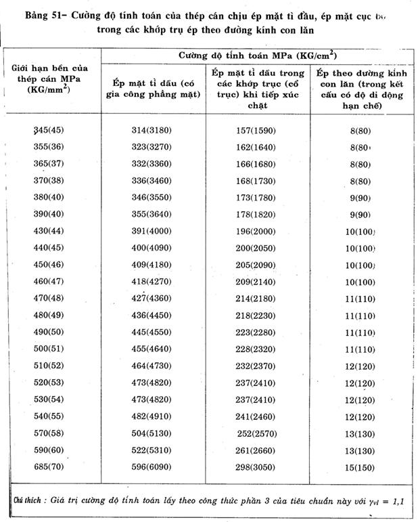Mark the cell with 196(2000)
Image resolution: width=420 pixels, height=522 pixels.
(260, 232)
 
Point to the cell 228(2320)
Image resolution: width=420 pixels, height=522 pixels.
(260, 348)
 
